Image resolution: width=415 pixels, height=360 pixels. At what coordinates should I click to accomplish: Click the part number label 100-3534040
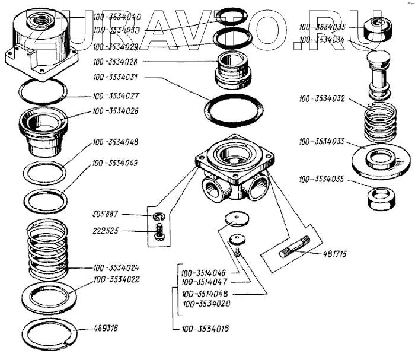[117, 17]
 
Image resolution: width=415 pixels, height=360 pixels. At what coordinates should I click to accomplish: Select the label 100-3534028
[117, 61]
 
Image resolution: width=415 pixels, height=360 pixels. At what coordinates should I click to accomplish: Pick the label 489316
[106, 328]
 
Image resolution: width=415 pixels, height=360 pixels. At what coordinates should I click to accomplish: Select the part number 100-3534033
[324, 142]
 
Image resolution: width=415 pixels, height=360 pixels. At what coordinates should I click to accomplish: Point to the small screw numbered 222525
[159, 231]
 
